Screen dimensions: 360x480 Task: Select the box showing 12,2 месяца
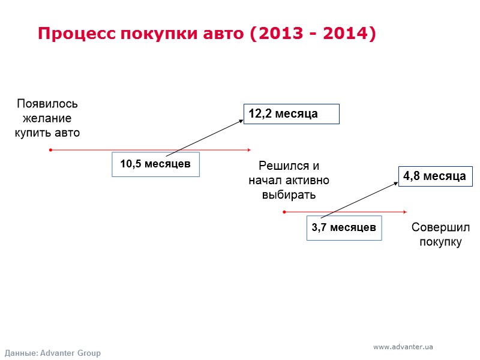click(x=291, y=114)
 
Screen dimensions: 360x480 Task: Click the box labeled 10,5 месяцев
click(x=155, y=164)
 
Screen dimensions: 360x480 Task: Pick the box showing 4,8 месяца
click(x=434, y=176)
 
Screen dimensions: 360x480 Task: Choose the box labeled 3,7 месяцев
click(x=344, y=227)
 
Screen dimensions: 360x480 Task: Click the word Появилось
click(x=47, y=104)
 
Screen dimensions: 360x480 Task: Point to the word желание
click(x=47, y=118)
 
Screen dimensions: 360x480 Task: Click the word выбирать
click(x=289, y=195)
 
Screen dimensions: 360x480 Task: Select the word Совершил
click(x=440, y=228)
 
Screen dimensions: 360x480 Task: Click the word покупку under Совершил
click(x=440, y=242)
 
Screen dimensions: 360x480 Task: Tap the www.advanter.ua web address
click(x=403, y=347)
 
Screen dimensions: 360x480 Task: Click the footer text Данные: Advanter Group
click(x=53, y=353)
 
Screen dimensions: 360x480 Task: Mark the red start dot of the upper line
click(x=50, y=150)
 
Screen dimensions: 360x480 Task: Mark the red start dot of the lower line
click(x=284, y=212)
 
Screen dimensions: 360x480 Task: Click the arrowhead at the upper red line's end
click(x=248, y=150)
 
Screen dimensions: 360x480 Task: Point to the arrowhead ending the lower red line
click(x=405, y=212)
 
